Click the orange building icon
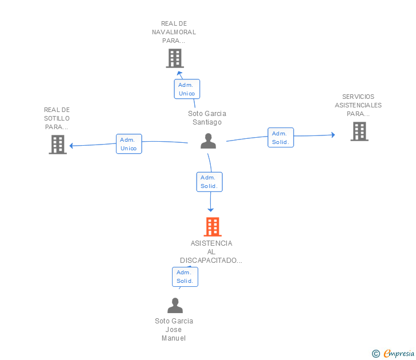click(213, 227)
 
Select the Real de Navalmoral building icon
click(174, 58)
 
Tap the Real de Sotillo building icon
click(58, 145)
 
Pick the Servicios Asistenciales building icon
click(359, 131)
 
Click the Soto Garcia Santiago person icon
click(209, 141)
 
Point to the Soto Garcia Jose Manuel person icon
click(175, 306)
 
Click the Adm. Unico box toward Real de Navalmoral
click(187, 89)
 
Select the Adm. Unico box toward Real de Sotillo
click(129, 144)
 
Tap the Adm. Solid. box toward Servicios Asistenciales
click(281, 138)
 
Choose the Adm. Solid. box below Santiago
click(209, 182)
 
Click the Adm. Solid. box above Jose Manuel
click(185, 277)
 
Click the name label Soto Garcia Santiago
click(207, 118)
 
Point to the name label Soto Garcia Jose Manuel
click(174, 329)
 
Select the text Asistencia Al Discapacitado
click(211, 252)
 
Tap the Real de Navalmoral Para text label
click(174, 32)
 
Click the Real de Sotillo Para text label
click(57, 118)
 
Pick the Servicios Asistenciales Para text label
click(358, 105)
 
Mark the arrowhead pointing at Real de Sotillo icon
click(71, 146)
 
